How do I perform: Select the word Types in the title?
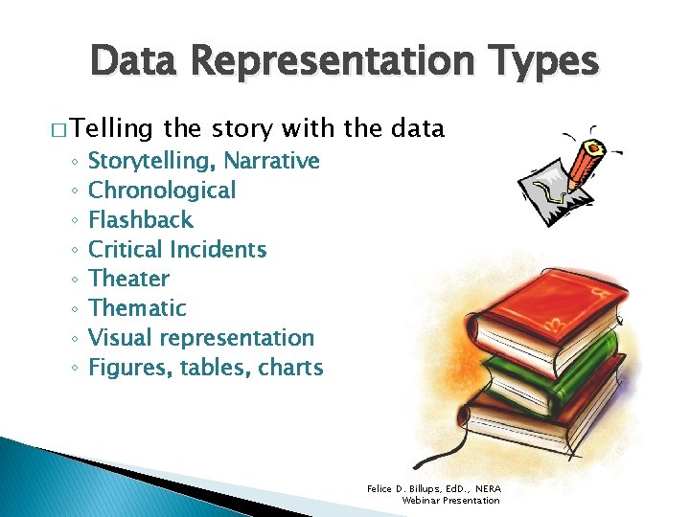(540, 62)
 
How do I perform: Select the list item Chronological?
(161, 191)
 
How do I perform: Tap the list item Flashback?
(140, 220)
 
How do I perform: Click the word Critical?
(125, 250)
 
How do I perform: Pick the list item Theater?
(128, 280)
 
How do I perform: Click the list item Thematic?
(137, 308)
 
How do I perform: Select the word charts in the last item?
(291, 368)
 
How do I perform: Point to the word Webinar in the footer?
(423, 501)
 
